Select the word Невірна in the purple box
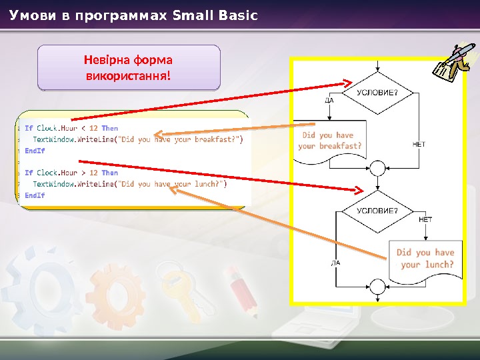[107, 59]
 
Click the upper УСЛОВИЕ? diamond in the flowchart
[377, 93]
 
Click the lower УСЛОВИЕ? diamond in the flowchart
[377, 211]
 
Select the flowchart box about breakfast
[331, 140]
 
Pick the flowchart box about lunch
[425, 259]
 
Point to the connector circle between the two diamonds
[377, 167]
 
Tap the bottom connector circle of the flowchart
[377, 288]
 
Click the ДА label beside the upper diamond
[329, 101]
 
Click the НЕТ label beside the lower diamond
[425, 219]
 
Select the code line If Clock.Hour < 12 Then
[71, 128]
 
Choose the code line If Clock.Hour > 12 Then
[71, 173]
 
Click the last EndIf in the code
[35, 195]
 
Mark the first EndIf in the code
[35, 151]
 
